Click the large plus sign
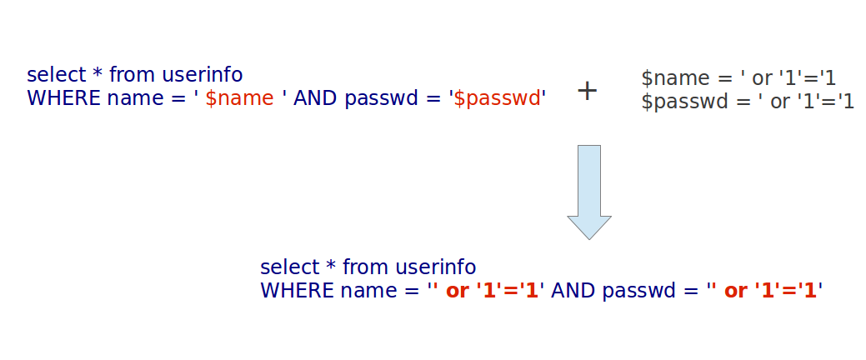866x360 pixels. [587, 91]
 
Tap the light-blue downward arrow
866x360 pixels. [588, 192]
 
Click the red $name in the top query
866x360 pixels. [240, 98]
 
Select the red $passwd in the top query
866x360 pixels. [497, 98]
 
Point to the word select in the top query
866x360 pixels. [57, 74]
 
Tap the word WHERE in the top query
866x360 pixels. [64, 98]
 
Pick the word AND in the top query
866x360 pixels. [316, 98]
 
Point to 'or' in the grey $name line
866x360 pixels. [762, 79]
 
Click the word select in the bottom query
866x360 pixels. [290, 267]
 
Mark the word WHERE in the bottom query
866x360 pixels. [298, 291]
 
